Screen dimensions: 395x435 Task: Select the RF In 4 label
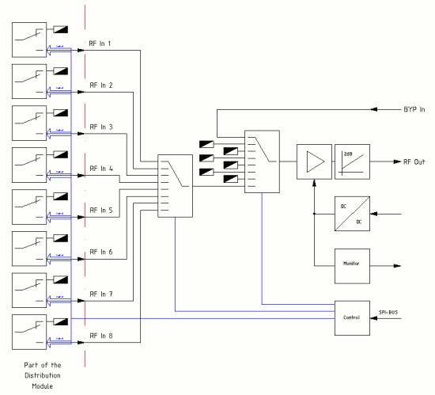tap(104, 169)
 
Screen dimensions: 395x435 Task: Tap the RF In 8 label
tap(104, 336)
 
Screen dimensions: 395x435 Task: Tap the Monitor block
tap(353, 261)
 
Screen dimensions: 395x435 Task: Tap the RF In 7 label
tap(104, 294)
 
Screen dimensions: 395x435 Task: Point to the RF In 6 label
tap(104, 252)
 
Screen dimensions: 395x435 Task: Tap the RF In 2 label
tap(104, 85)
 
